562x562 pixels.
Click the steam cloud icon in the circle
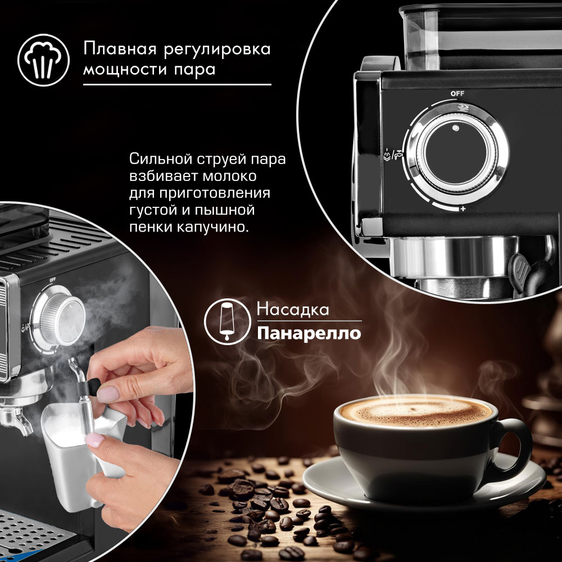point(43,60)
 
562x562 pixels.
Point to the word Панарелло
point(309,333)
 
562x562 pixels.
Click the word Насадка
point(293,309)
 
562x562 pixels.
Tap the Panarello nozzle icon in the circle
point(227,321)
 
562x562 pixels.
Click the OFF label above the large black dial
point(457,93)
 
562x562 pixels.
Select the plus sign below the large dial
point(463,209)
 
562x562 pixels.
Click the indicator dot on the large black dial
point(456,128)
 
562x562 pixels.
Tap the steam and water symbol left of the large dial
point(393,155)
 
